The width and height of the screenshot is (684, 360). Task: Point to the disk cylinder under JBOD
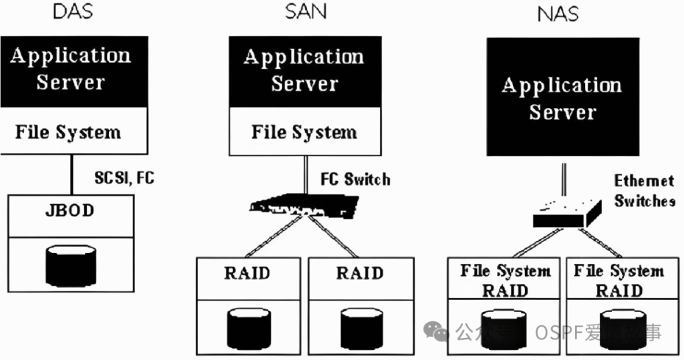(x=70, y=266)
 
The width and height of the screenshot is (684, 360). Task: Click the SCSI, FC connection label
(x=124, y=178)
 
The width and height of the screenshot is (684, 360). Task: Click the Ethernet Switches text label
(x=644, y=190)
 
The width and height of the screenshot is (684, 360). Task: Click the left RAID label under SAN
(x=248, y=273)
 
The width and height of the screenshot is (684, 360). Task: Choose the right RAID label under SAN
(x=359, y=273)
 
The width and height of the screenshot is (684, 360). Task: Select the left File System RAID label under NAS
(x=505, y=281)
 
